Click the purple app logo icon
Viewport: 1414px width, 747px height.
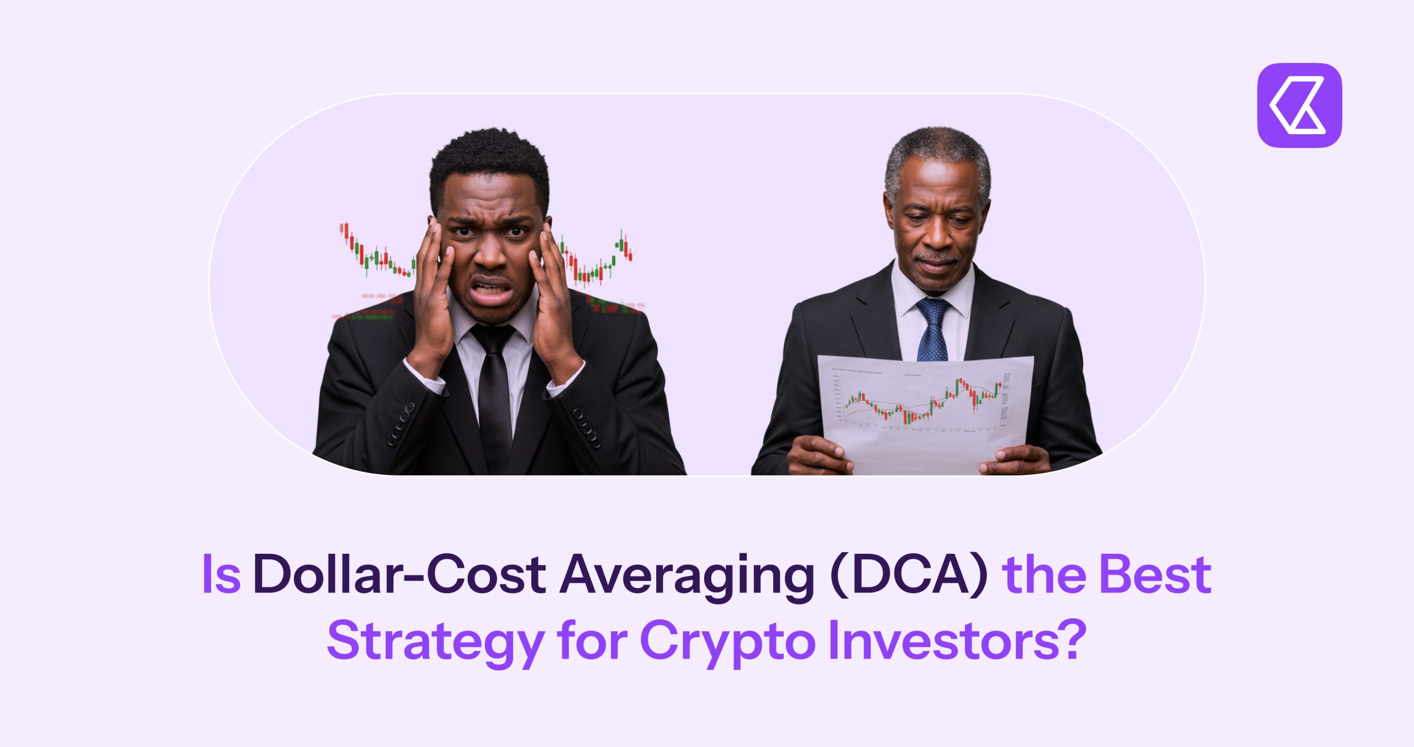pyautogui.click(x=1299, y=105)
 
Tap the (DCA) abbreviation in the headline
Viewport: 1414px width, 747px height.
pyautogui.click(x=908, y=575)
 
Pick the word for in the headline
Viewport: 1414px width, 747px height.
pyautogui.click(x=592, y=640)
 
